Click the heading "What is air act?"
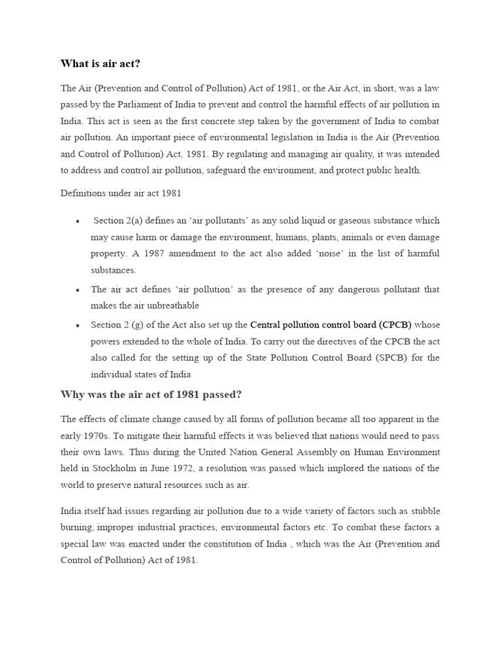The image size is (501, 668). pyautogui.click(x=100, y=63)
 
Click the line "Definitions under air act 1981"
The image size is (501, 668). pyautogui.click(x=121, y=193)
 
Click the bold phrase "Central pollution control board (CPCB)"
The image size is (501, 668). pyautogui.click(x=331, y=324)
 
